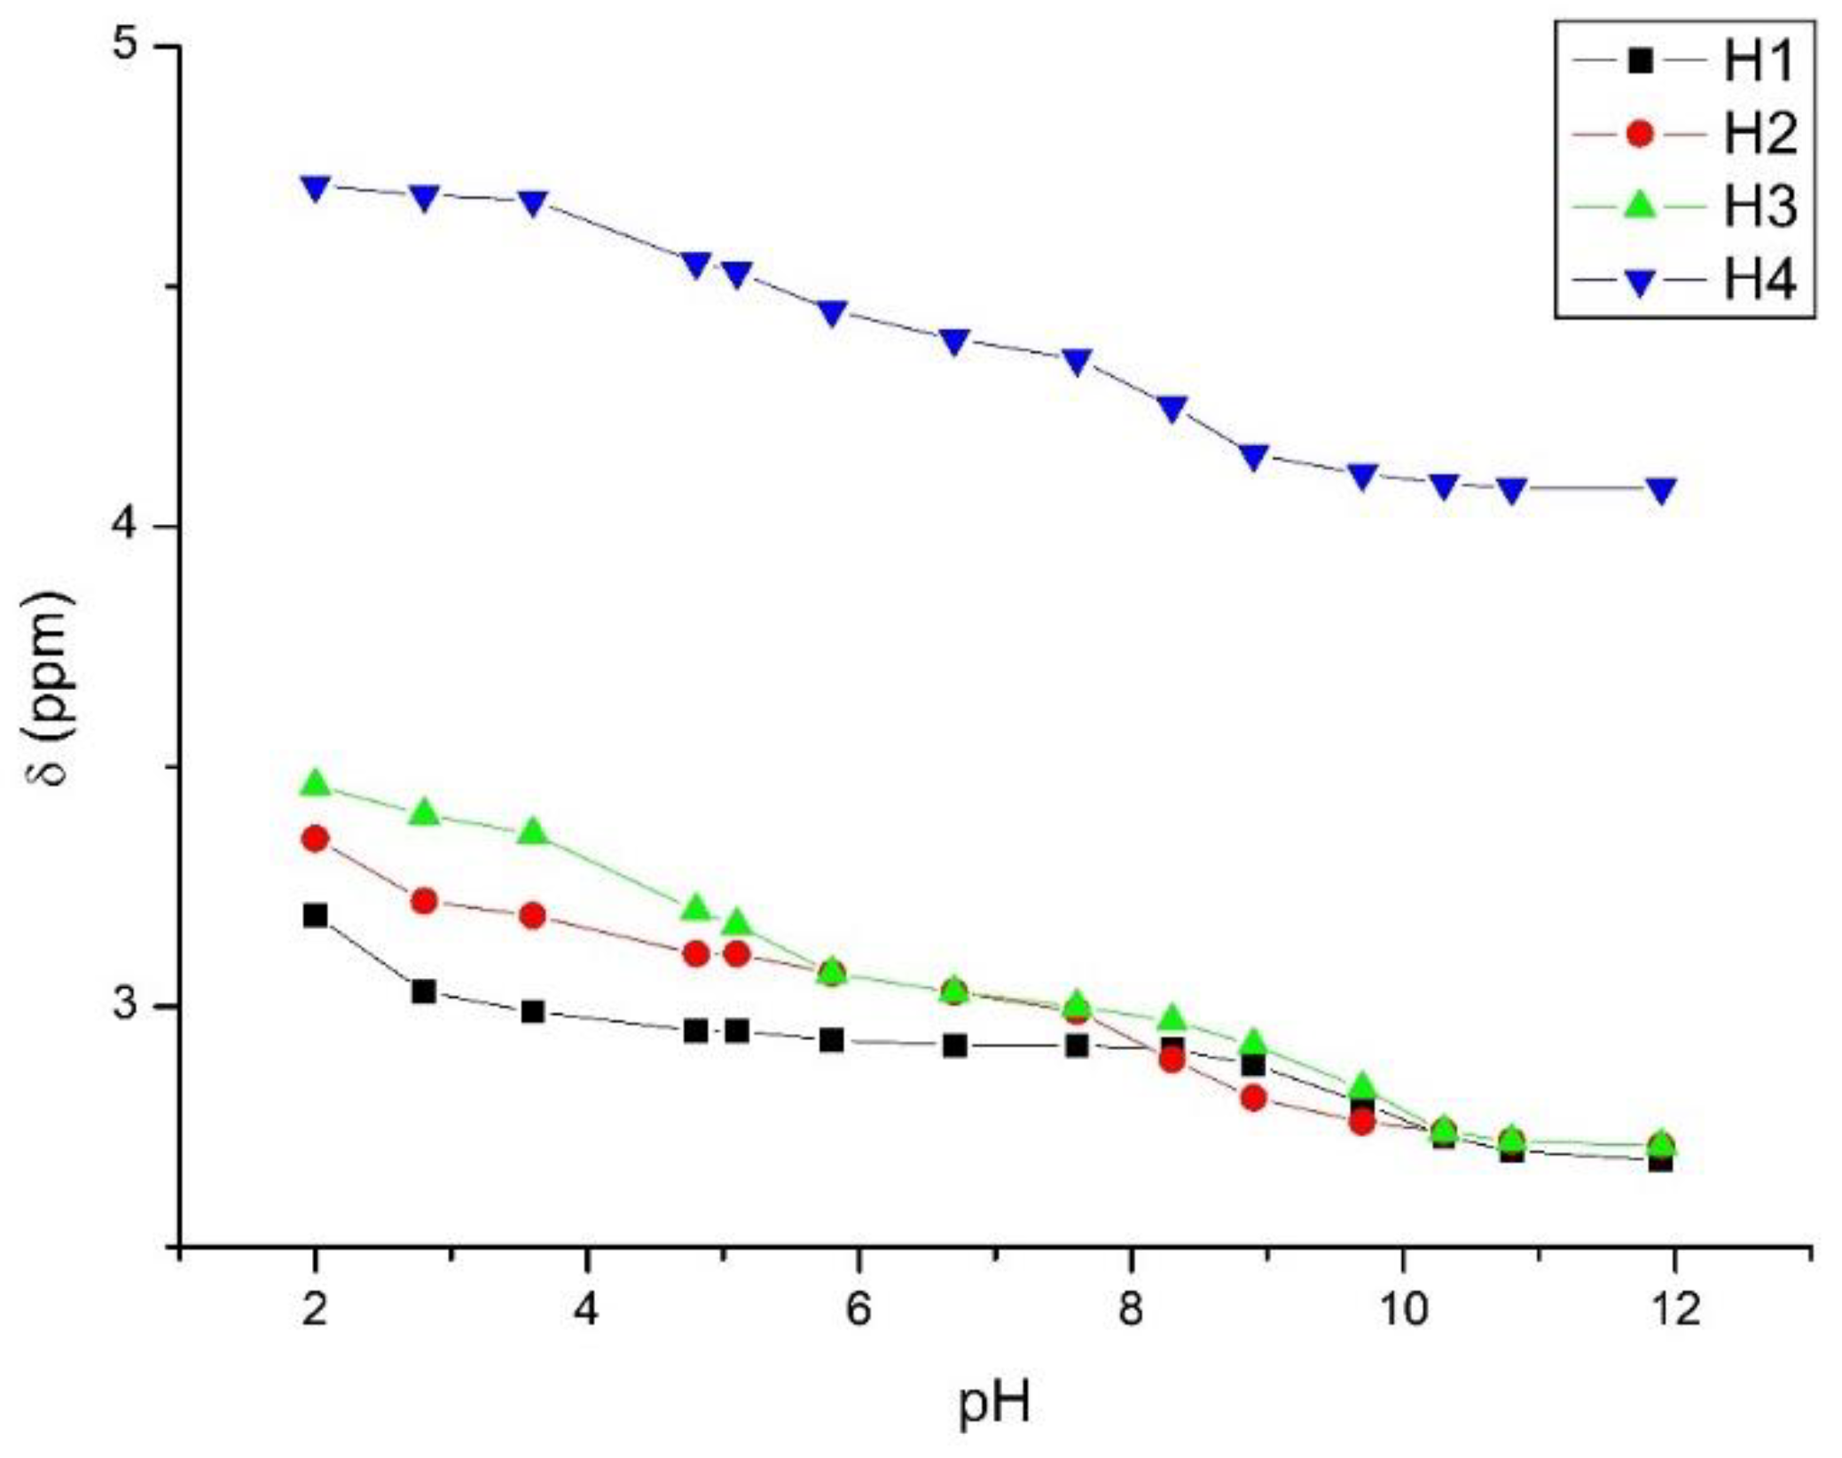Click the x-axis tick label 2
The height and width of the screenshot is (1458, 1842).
tap(315, 1309)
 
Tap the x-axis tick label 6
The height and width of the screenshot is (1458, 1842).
tap(858, 1309)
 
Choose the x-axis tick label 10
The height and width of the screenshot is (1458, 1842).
tap(1403, 1309)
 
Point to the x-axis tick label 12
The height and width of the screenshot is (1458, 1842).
tap(1674, 1309)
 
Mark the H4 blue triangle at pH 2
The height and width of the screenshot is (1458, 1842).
tap(315, 187)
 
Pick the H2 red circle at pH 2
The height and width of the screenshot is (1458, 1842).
tap(315, 838)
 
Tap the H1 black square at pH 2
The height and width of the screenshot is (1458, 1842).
tap(315, 915)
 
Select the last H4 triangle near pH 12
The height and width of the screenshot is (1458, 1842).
tap(1661, 489)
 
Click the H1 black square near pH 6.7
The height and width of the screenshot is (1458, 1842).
tap(954, 1046)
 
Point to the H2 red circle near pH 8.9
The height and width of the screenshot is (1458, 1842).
tap(1253, 1098)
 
